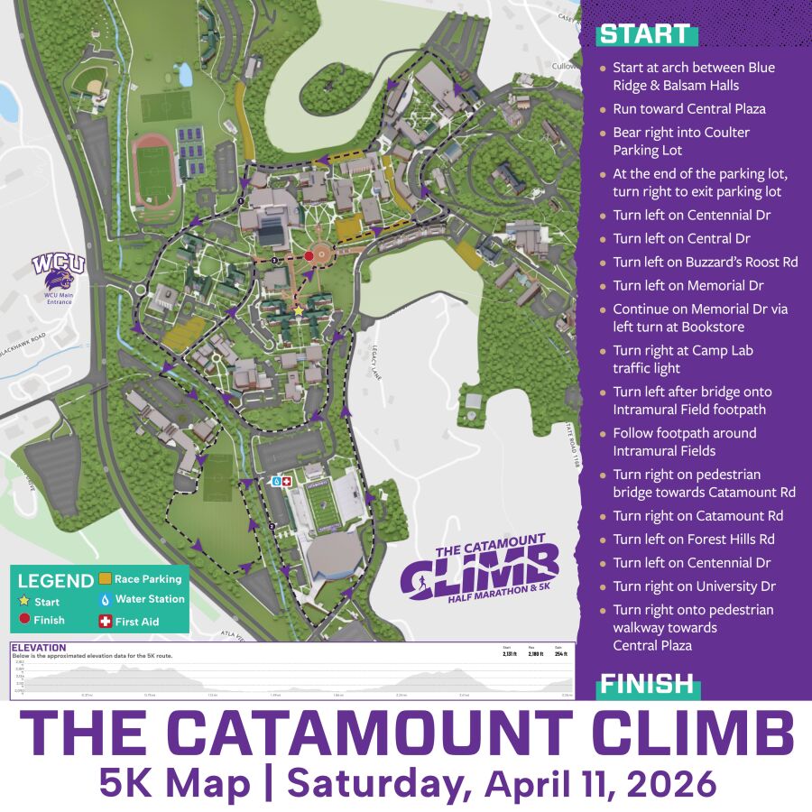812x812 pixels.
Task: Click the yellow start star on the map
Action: click(300, 309)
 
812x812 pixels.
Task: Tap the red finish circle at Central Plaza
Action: click(309, 256)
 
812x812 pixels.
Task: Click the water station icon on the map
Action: click(276, 482)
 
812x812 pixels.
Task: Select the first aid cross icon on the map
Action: click(287, 482)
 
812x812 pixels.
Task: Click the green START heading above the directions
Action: click(644, 34)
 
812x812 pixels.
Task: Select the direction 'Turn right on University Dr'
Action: click(694, 586)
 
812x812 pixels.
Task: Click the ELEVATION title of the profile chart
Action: click(39, 647)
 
